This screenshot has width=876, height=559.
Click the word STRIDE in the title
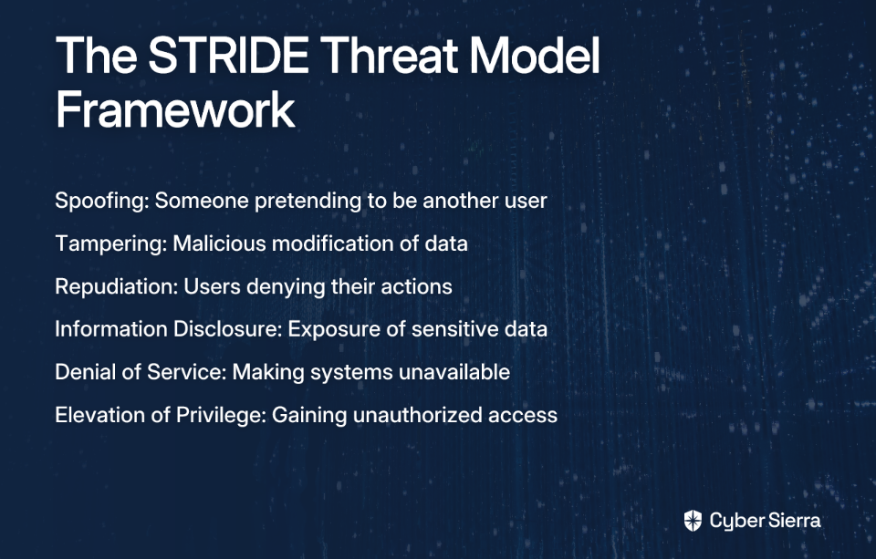228,56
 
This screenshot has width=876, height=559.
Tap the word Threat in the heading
390,56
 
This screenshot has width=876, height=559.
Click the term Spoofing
102,201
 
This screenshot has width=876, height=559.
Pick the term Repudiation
116,286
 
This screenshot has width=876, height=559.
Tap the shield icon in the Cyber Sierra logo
693,521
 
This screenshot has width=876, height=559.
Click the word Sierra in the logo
795,521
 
